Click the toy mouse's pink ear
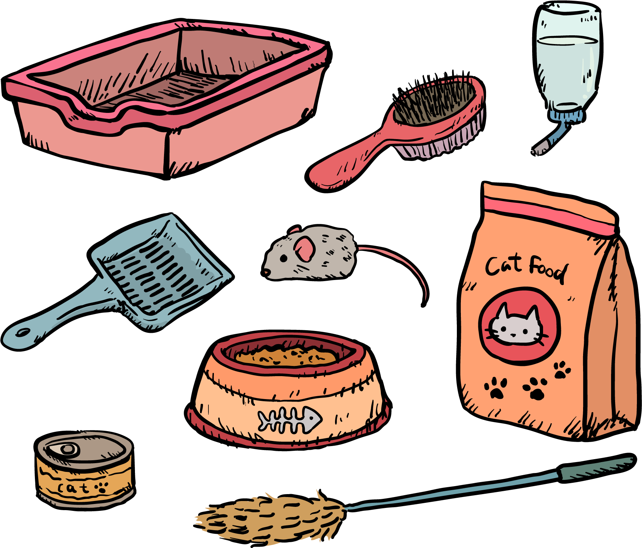pyautogui.click(x=304, y=249)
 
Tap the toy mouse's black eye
pyautogui.click(x=283, y=259)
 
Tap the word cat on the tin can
pyautogui.click(x=73, y=488)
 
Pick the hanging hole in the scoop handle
pyautogui.click(x=23, y=333)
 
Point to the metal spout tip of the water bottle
pyautogui.click(x=538, y=150)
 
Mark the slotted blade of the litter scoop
pyautogui.click(x=160, y=269)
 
